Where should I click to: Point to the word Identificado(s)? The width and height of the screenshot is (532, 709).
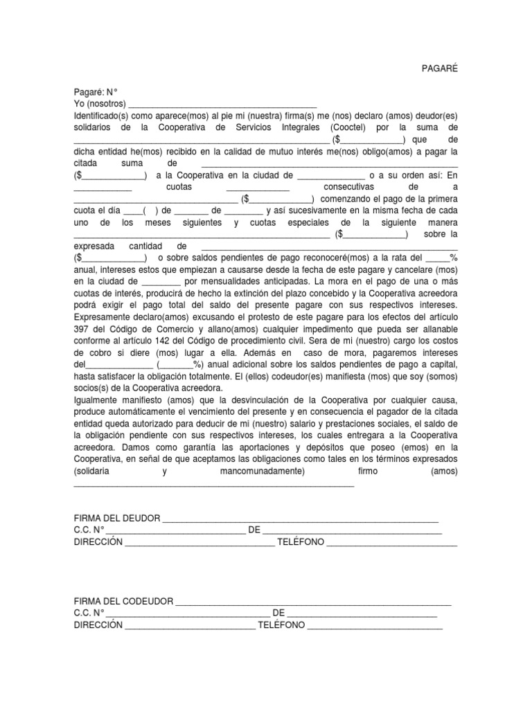[x=103, y=116]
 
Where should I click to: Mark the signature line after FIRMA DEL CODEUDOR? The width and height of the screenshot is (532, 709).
[x=313, y=603]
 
